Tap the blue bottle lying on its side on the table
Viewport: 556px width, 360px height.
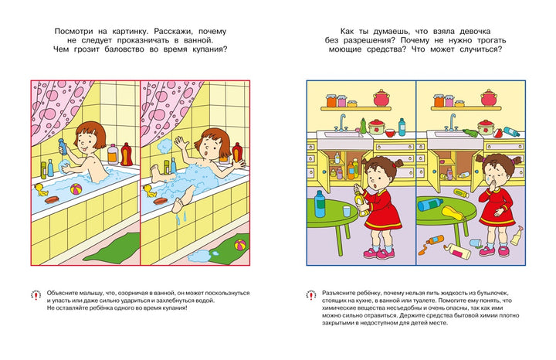pos(429,204)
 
